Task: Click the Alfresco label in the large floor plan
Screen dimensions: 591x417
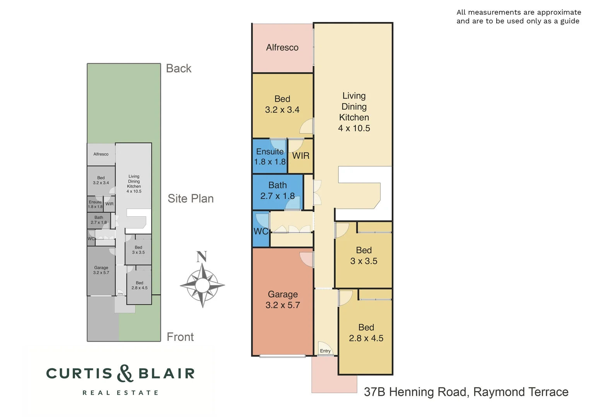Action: (x=282, y=47)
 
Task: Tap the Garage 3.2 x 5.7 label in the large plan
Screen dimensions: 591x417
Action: (x=283, y=300)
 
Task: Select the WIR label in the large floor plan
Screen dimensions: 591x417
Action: (x=301, y=156)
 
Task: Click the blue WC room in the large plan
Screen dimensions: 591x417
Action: (x=260, y=231)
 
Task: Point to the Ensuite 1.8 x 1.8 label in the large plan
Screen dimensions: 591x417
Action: (x=270, y=157)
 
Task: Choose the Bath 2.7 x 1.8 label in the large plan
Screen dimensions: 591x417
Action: (x=277, y=191)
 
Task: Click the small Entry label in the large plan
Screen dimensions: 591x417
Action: (x=325, y=351)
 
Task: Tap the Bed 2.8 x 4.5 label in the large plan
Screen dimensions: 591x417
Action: (x=366, y=333)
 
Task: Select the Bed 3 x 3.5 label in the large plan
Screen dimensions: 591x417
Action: (x=364, y=256)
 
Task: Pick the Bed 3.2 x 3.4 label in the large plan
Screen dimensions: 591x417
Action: (x=282, y=104)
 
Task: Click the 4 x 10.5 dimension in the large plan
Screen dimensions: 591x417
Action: (x=354, y=128)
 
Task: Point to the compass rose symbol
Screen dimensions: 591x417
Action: (x=202, y=285)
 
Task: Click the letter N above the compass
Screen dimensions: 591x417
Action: (x=202, y=257)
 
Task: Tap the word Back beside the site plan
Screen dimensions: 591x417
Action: (x=178, y=68)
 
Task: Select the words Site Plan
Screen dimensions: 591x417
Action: (x=190, y=198)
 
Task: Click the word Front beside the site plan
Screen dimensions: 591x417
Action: (x=180, y=337)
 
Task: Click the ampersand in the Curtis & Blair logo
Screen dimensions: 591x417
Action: (x=125, y=373)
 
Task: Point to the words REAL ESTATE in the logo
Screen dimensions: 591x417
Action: (x=120, y=393)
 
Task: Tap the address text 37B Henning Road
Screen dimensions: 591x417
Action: (x=416, y=392)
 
